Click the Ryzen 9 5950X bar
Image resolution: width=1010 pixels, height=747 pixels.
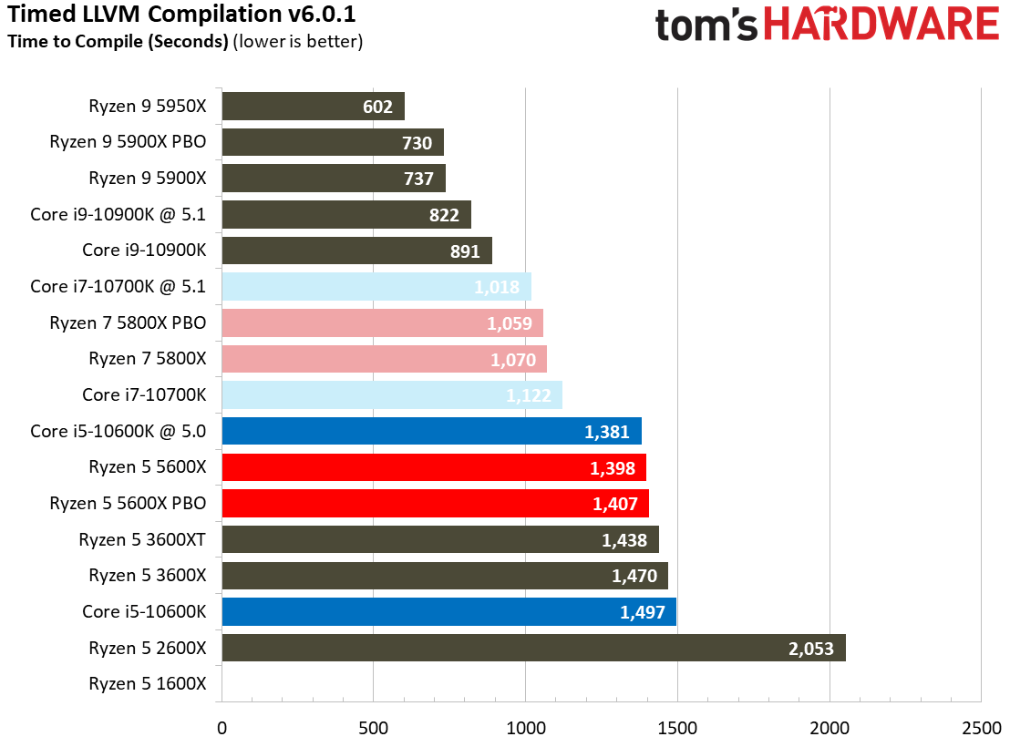313,106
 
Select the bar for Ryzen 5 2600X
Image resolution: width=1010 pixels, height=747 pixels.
533,649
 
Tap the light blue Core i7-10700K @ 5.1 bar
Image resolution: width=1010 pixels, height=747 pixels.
376,287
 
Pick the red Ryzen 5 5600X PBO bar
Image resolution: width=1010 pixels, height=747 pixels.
435,504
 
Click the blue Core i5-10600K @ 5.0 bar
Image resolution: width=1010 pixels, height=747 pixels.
431,432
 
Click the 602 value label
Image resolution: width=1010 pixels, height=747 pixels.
377,107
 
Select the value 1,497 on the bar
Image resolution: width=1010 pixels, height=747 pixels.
643,612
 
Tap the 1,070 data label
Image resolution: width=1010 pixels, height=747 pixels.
513,360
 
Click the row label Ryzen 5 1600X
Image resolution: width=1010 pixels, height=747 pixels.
148,684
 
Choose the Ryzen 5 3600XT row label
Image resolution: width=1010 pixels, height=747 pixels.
142,540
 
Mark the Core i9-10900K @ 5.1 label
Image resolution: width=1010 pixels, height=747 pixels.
119,215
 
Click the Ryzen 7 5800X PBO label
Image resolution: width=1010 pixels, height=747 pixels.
128,323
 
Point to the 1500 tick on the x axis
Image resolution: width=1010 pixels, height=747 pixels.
677,729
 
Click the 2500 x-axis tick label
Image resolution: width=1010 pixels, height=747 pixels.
981,729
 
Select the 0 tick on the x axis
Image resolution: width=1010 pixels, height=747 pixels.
222,729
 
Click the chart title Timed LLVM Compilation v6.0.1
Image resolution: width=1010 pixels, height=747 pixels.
181,15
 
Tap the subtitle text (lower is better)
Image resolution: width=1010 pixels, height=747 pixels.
298,42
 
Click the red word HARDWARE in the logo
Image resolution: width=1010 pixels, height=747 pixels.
881,26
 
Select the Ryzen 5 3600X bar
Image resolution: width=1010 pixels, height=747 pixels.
445,576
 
